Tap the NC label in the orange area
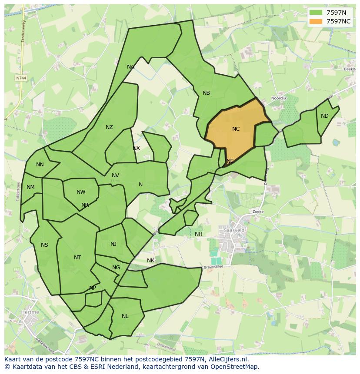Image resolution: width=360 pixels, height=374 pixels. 236,129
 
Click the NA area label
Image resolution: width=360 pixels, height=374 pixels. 130,67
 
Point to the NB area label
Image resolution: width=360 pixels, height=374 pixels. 206,93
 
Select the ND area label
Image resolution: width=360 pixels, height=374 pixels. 325,116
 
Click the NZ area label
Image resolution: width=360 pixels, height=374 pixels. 109,127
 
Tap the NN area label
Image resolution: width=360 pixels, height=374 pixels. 40,165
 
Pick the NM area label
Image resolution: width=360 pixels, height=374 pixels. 30,188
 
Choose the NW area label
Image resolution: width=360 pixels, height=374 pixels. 81,192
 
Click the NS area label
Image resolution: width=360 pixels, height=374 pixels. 44,245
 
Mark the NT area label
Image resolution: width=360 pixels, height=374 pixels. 77,258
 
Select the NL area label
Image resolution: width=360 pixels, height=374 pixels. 125,316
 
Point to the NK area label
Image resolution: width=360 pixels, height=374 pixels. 150,261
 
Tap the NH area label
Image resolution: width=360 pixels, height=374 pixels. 199,234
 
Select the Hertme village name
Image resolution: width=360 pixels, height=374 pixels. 30,312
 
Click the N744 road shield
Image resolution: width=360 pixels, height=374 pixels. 20,78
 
